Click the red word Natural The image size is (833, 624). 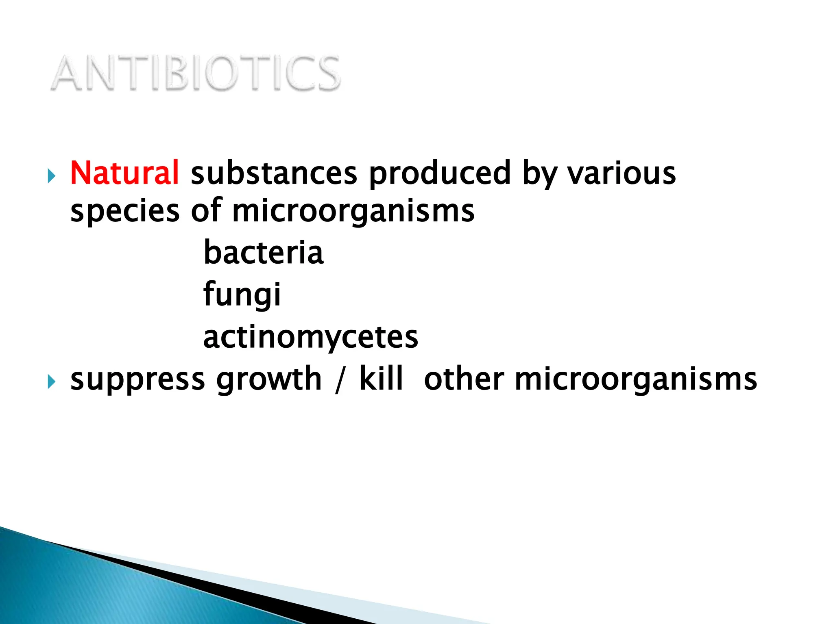(x=124, y=173)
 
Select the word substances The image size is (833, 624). (x=274, y=173)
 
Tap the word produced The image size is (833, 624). (x=439, y=173)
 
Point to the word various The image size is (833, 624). (x=621, y=173)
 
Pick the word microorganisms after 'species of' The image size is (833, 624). (x=353, y=211)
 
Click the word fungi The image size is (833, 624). (x=242, y=294)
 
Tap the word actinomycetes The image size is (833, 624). (x=311, y=337)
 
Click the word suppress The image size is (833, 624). (x=137, y=379)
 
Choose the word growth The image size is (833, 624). (x=269, y=379)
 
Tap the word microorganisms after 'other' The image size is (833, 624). (x=636, y=379)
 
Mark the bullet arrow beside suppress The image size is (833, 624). (x=51, y=382)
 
